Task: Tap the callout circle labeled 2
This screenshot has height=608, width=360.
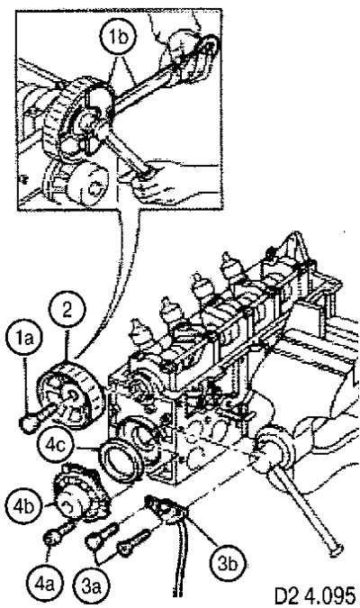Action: coord(67,312)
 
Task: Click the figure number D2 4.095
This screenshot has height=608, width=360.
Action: coord(314,594)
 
